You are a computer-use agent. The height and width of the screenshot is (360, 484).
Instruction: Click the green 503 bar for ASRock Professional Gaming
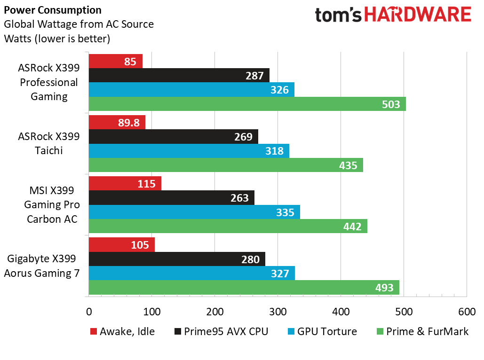(247, 104)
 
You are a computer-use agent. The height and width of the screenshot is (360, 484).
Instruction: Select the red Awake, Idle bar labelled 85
(115, 61)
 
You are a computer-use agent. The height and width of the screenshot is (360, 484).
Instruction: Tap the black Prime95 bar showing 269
(173, 137)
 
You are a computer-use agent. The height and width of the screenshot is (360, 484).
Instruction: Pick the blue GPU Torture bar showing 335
(194, 212)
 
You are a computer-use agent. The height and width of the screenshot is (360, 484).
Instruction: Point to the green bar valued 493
(244, 287)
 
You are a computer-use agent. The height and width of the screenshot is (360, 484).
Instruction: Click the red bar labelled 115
(125, 183)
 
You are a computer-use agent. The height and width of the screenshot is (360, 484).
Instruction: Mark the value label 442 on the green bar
(352, 227)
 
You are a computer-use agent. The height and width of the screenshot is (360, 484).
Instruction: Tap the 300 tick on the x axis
(278, 311)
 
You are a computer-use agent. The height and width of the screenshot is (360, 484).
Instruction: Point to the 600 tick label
(467, 311)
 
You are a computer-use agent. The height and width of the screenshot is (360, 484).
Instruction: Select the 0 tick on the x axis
(89, 311)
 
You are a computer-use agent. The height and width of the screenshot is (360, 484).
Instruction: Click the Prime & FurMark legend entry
(427, 331)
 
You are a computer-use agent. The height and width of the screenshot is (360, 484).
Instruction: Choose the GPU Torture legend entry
(326, 331)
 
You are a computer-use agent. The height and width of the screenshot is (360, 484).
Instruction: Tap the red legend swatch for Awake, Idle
(93, 331)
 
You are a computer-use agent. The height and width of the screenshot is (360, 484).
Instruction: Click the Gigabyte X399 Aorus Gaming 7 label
(42, 266)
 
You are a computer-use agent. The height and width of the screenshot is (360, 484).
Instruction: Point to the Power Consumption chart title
(53, 10)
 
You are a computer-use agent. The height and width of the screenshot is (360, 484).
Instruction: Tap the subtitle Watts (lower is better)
(57, 38)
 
